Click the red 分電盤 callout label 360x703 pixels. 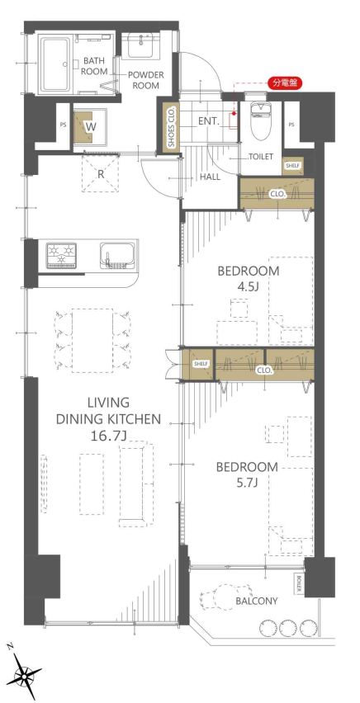pos(285,83)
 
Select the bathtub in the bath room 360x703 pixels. pos(55,64)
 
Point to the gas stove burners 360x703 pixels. pos(61,256)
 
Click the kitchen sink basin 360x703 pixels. pos(117,255)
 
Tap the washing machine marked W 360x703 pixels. pos(90,126)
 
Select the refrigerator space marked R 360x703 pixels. pos(101,174)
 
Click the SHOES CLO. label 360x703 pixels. pos(171,127)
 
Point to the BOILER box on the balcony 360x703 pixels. pos(300,583)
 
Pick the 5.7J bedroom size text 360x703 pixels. pos(247,483)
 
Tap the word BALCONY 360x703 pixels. pos(257,601)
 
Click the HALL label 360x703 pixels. pos(210,177)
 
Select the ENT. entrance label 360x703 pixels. pos(208,120)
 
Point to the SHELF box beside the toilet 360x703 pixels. pos(293,166)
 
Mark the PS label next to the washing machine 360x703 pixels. pos(63,125)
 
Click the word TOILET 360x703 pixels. pos(261,157)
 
